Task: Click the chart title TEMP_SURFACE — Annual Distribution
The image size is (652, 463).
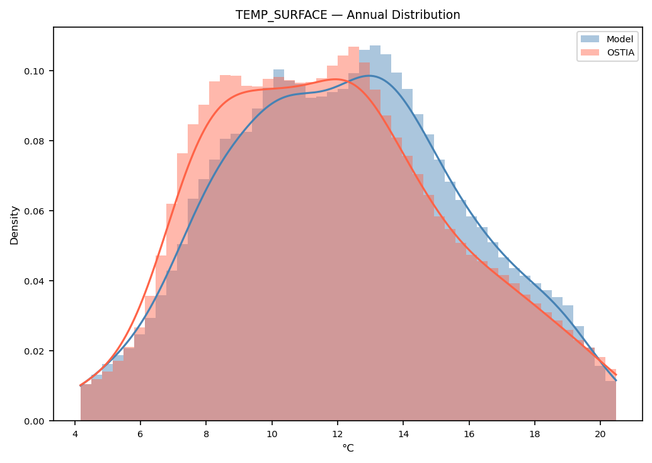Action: click(x=348, y=15)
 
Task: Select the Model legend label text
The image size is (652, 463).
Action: click(x=620, y=39)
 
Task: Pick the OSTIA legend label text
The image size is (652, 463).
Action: click(x=621, y=52)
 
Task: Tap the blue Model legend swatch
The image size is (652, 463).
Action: click(x=590, y=38)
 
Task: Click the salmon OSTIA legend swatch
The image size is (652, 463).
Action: click(x=590, y=52)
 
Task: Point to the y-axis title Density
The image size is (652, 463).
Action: click(x=14, y=225)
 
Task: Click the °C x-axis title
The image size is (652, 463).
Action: click(x=348, y=448)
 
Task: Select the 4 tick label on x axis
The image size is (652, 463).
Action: click(x=75, y=433)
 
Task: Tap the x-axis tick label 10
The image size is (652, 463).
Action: click(x=272, y=433)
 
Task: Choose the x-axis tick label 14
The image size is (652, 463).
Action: click(x=403, y=433)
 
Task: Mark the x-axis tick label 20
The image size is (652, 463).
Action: click(x=600, y=433)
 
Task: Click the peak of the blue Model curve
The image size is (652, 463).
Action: click(x=369, y=76)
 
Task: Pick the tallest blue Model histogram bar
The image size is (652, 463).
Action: click(x=375, y=233)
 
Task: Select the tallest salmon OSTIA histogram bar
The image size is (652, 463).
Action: click(x=353, y=233)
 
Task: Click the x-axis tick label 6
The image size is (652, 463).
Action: click(x=140, y=433)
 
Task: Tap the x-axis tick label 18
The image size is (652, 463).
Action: click(x=534, y=433)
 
